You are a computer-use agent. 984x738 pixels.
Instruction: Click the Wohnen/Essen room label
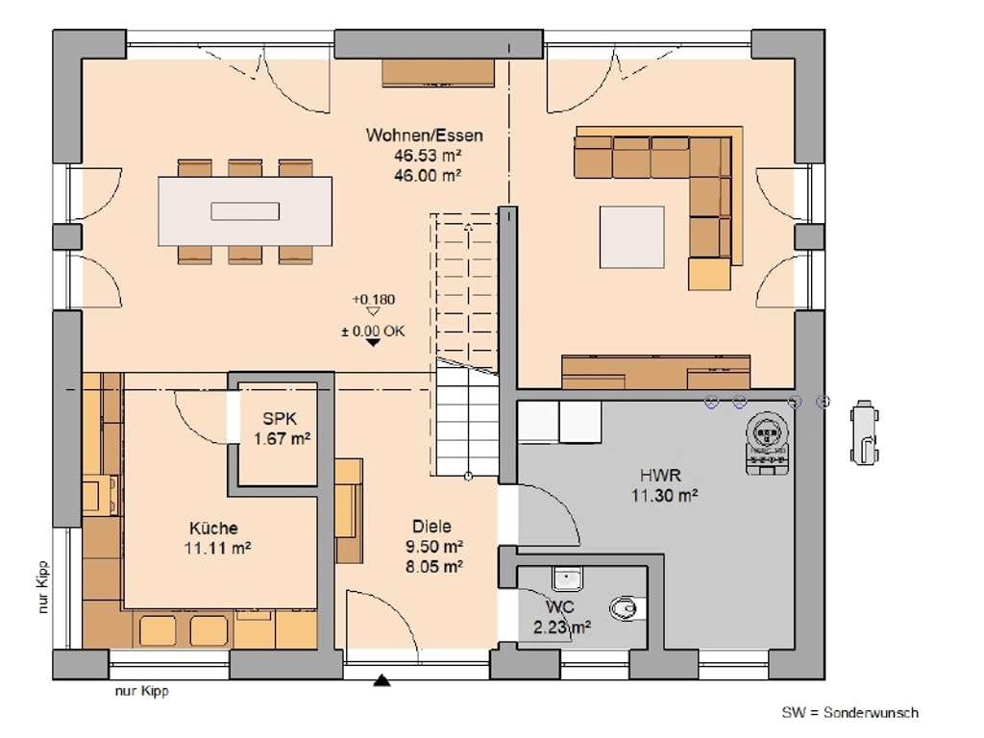[x=425, y=135]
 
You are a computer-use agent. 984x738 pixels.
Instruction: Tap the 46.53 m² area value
[x=428, y=156]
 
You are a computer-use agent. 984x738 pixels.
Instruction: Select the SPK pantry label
[x=280, y=419]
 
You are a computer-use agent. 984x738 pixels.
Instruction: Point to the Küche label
[x=214, y=528]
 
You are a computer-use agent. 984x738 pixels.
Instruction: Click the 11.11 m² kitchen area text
[x=218, y=548]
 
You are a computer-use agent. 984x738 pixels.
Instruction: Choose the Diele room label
[x=431, y=526]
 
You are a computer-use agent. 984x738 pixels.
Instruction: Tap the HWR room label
[x=660, y=475]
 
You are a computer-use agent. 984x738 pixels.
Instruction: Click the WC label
[x=560, y=607]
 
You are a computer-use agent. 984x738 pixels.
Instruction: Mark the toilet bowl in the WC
[x=624, y=607]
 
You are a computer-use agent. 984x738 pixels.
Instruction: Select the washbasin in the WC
[x=568, y=578]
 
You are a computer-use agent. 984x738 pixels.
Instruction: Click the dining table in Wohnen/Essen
[x=245, y=211]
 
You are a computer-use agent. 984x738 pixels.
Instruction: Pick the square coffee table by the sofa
[x=632, y=237]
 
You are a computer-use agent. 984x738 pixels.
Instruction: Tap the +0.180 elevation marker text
[x=374, y=300]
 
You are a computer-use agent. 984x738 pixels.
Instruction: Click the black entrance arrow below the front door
[x=382, y=680]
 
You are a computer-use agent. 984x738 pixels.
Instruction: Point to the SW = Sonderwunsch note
[x=850, y=712]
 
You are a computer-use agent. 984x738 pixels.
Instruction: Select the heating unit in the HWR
[x=767, y=442]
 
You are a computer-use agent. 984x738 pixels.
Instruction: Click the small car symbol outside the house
[x=864, y=432]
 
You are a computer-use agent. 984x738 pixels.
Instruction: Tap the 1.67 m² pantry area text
[x=282, y=438]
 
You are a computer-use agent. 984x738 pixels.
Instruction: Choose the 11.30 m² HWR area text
[x=665, y=495]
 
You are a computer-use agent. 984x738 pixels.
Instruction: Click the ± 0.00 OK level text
[x=374, y=331]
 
